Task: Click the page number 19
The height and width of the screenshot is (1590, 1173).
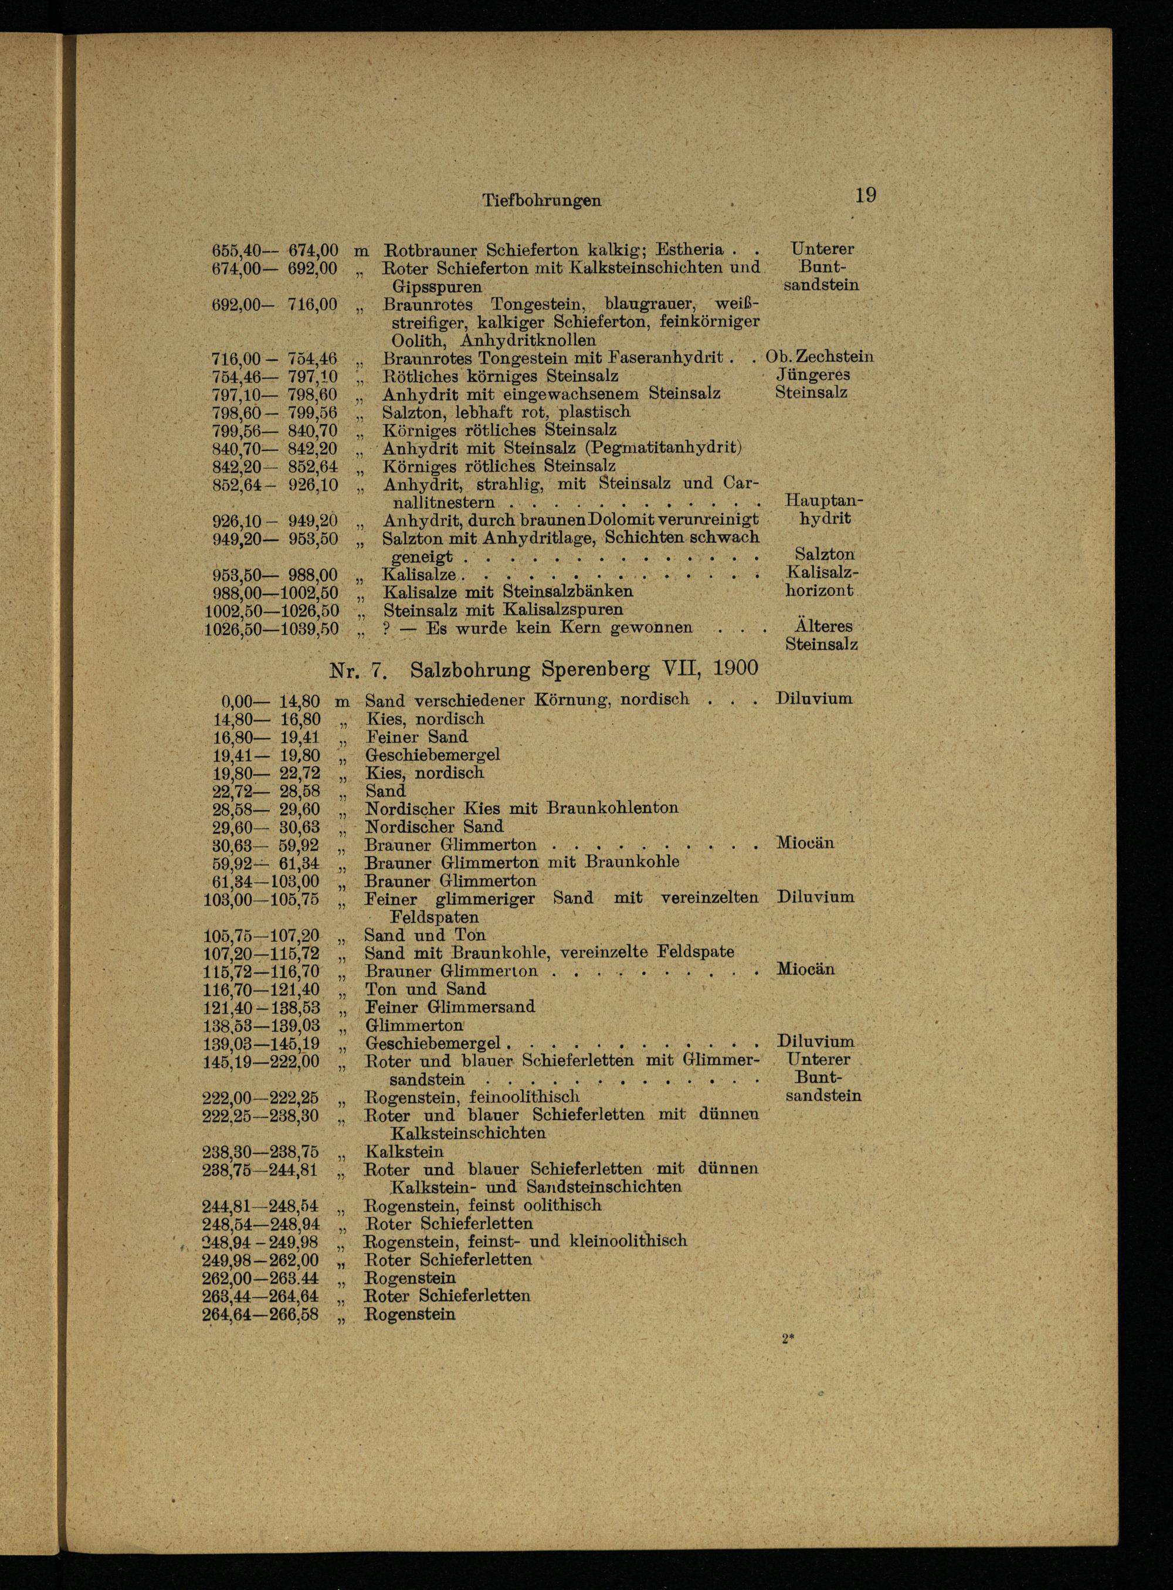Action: pos(866,195)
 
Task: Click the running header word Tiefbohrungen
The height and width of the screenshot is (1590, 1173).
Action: pos(541,201)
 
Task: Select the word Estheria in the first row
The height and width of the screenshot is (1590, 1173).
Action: pos(690,250)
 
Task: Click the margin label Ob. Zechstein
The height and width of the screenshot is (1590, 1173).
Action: pos(819,357)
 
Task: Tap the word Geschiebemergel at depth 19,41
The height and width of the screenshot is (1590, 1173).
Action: pos(432,754)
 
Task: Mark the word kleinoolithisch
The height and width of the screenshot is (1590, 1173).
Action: pos(628,1241)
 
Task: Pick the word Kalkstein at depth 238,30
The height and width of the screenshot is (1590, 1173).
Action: pos(404,1152)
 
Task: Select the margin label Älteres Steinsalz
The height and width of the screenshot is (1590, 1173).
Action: pos(822,636)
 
